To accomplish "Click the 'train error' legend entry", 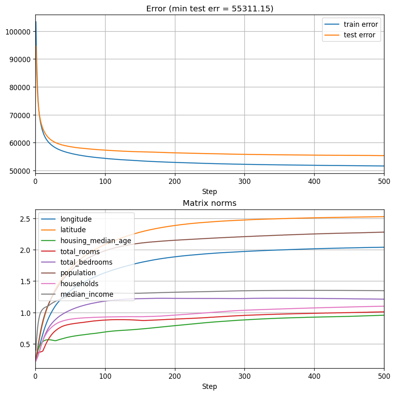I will [360, 24].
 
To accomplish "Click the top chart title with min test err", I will [209, 9].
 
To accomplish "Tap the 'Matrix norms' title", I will [209, 203].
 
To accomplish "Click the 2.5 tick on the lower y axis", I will [27, 219].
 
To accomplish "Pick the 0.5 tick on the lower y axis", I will [27, 344].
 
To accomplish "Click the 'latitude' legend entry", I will [73, 230].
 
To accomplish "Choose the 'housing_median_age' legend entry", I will [96, 241].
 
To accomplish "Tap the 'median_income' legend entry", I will [87, 294].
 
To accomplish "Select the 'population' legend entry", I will [78, 273].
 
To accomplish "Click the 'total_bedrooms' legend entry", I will [86, 262].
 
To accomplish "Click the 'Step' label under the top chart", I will [209, 192].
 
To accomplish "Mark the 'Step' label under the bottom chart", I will [209, 386].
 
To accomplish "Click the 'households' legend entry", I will [79, 284].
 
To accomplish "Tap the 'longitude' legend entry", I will [76, 219].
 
